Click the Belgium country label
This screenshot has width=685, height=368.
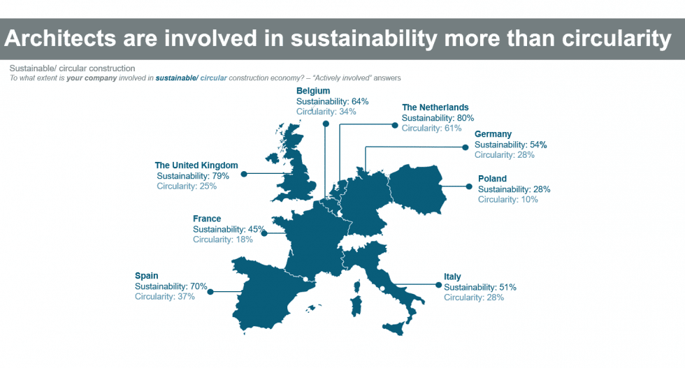(x=313, y=91)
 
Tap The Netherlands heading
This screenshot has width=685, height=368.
(x=435, y=108)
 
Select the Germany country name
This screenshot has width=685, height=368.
(x=493, y=134)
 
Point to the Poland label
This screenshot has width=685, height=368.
(x=492, y=179)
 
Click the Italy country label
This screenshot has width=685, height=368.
(x=452, y=277)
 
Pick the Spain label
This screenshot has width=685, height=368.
(x=146, y=276)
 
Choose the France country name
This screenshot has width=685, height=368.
(x=207, y=219)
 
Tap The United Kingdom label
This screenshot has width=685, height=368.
(x=196, y=165)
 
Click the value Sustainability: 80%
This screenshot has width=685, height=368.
(x=438, y=118)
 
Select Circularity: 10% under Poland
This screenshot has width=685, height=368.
(x=507, y=200)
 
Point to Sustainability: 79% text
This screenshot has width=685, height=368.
(x=193, y=176)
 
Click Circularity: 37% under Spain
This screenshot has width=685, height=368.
(x=165, y=297)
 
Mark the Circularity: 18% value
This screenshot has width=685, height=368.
(x=223, y=240)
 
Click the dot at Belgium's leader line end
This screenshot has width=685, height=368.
(x=326, y=124)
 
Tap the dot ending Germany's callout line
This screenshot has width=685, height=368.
(x=466, y=147)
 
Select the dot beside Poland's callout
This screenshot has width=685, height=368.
(x=469, y=186)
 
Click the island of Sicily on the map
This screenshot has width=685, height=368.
(x=393, y=327)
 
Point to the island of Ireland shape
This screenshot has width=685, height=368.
(x=272, y=158)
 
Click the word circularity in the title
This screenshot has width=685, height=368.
(x=616, y=38)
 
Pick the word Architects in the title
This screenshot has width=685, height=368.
(x=60, y=38)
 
